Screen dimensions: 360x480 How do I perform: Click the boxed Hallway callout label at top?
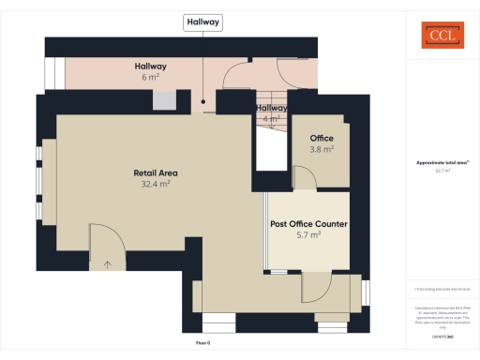(x=202, y=22)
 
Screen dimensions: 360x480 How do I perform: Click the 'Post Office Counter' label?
(x=309, y=224)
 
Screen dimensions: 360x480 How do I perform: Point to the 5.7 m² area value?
(x=309, y=235)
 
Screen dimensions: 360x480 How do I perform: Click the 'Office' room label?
(x=322, y=138)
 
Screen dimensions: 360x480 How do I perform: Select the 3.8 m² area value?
(x=322, y=149)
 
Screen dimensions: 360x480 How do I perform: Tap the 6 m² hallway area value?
(x=150, y=78)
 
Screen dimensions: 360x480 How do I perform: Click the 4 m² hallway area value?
(x=272, y=119)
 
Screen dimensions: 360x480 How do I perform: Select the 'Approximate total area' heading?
(x=442, y=162)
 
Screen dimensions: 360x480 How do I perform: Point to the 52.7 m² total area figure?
(x=442, y=171)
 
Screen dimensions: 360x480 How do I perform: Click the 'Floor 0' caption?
(x=203, y=344)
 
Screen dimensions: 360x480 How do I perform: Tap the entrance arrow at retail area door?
(x=108, y=264)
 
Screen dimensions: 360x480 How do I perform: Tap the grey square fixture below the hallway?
(x=164, y=100)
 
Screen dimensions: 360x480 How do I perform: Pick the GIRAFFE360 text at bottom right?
(x=442, y=336)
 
